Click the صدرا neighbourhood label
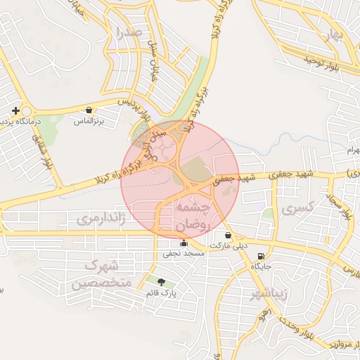click(131, 32)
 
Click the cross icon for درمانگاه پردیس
click(15, 110)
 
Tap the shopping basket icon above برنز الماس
click(89, 110)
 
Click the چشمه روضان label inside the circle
click(192, 217)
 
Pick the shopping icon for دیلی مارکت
click(227, 236)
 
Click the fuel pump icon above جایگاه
click(262, 256)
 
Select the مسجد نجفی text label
click(184, 252)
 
